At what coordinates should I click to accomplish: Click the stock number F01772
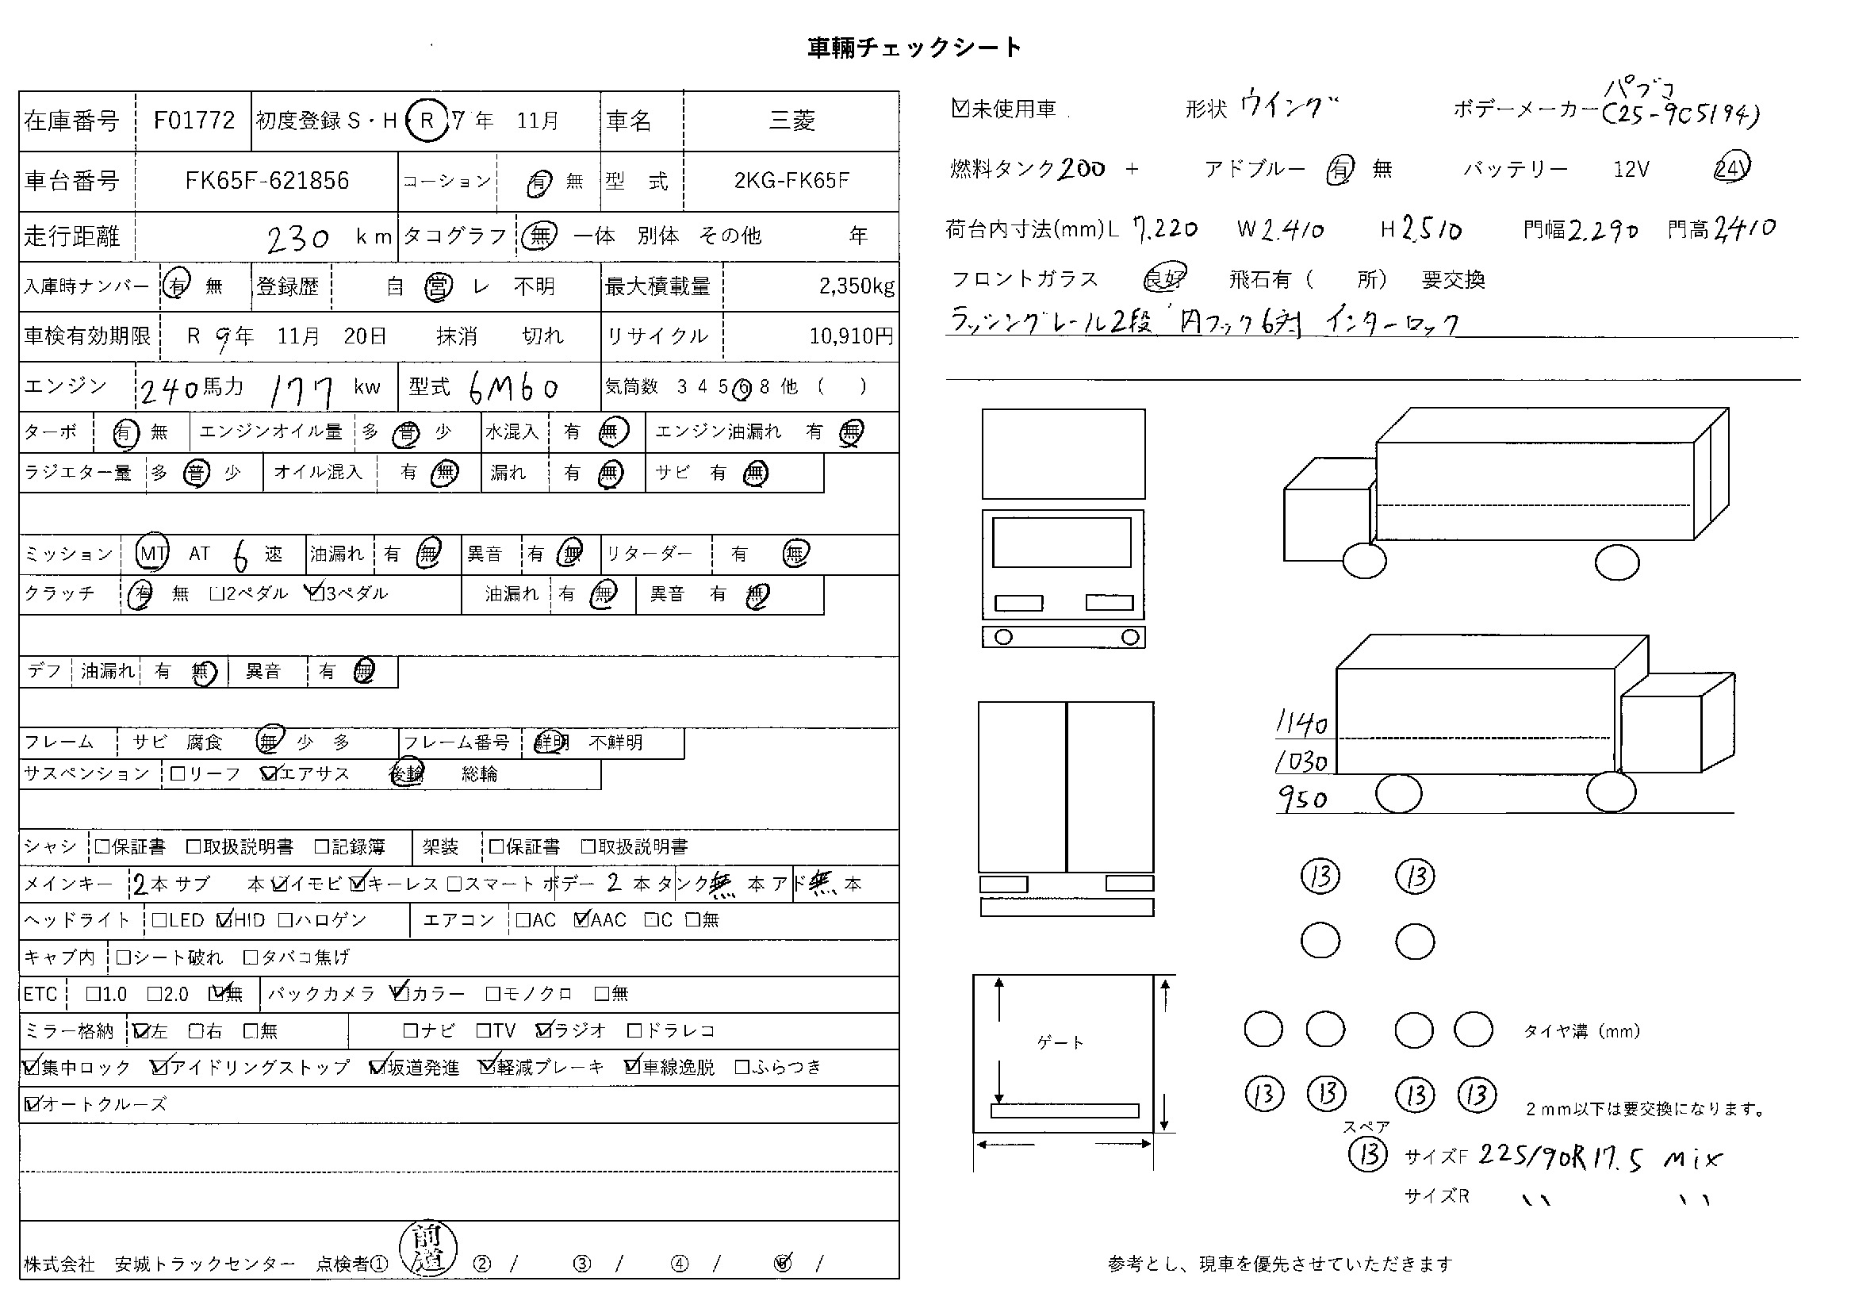194,121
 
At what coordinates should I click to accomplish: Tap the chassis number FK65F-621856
266,180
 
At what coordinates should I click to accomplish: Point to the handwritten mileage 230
297,238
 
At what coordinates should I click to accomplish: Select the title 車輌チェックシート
914,48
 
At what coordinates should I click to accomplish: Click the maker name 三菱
791,121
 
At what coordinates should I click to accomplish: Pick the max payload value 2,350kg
857,286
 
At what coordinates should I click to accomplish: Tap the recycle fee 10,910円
852,336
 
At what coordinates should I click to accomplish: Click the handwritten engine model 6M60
514,389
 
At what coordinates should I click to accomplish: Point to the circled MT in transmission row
152,554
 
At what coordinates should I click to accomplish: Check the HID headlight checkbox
224,919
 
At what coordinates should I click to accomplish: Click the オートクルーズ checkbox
33,1103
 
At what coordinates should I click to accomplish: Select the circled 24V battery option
1730,168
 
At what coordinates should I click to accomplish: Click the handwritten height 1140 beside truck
1301,723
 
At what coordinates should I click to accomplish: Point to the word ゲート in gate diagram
1060,1043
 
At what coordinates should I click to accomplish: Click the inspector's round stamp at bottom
428,1249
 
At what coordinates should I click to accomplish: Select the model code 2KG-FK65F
791,180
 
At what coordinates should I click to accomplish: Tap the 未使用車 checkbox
960,108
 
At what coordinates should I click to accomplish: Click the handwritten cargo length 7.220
1165,230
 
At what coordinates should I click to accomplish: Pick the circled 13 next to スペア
1367,1153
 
